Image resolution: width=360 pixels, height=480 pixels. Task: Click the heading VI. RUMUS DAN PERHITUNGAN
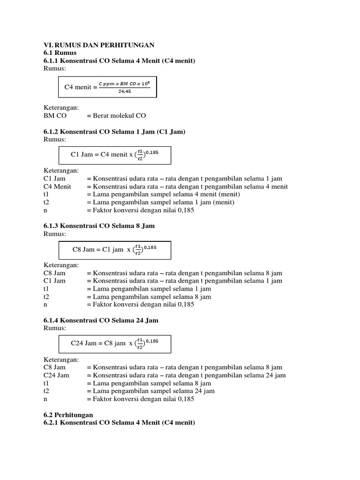pos(99,45)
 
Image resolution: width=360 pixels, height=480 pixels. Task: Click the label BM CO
pos(55,115)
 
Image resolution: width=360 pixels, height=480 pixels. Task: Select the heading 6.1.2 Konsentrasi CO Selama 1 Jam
pos(114,132)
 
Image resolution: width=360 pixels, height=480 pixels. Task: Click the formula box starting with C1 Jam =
pos(114,155)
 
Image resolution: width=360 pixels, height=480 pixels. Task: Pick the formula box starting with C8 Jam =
pos(114,249)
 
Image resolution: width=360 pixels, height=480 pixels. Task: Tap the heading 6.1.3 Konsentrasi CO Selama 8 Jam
pos(99,225)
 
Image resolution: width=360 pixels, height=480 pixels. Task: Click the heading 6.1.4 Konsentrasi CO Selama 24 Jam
pos(101,320)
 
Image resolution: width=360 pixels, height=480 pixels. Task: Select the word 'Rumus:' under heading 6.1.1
pos(55,68)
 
